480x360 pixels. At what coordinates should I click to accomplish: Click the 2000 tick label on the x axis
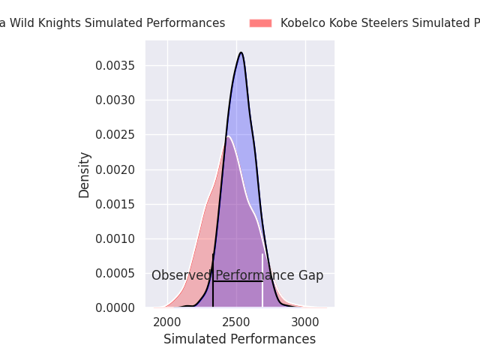pos(167,322)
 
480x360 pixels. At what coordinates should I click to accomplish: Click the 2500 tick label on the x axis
pos(236,322)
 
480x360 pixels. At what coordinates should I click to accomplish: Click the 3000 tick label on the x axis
pos(305,322)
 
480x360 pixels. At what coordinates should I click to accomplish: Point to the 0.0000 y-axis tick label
pos(115,308)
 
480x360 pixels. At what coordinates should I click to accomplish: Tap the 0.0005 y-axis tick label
pos(115,274)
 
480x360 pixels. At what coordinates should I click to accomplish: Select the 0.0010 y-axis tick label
pos(115,238)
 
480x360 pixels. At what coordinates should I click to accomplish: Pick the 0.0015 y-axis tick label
pos(115,204)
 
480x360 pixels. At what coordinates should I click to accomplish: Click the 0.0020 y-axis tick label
pos(115,169)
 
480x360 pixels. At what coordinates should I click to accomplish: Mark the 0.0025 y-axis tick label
pos(115,135)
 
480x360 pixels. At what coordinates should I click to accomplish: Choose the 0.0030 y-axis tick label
pos(115,100)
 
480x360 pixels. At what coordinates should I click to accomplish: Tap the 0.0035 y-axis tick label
pos(115,66)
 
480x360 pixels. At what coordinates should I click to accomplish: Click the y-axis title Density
pos(85,175)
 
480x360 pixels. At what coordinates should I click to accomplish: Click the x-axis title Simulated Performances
pos(239,339)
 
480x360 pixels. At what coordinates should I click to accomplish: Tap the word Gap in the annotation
pos(311,276)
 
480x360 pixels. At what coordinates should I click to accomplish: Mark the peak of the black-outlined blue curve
pos(241,52)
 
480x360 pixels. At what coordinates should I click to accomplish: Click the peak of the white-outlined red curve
pos(228,136)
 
